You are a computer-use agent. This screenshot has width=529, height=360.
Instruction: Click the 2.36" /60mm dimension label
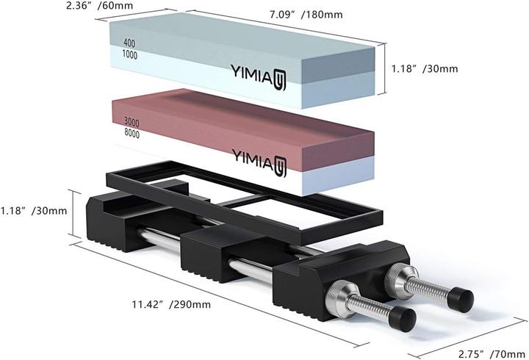tap(99, 5)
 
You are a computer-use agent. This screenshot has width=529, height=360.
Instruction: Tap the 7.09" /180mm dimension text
tap(306, 15)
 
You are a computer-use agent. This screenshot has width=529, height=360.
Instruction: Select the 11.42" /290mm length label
tap(171, 304)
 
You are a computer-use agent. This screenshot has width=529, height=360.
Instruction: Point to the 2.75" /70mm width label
tap(492, 354)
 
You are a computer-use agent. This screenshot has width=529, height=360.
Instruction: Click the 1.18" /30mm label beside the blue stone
tap(425, 69)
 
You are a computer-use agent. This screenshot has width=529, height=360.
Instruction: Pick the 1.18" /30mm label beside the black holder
tap(34, 211)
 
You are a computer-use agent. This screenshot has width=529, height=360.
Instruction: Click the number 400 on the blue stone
tap(129, 43)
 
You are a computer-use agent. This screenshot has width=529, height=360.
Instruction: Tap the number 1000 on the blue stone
tap(129, 54)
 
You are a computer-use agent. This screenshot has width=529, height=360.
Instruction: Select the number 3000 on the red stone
tap(132, 122)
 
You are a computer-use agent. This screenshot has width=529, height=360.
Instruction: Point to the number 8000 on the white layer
tap(132, 133)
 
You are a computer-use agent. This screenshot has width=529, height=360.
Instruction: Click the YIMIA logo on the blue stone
tap(258, 77)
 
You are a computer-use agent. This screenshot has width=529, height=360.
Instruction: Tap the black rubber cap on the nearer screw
tap(402, 319)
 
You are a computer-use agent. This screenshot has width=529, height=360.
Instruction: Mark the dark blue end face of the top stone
tap(338, 65)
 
